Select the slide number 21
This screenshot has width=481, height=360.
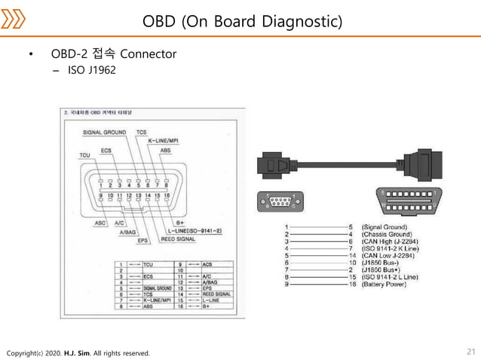pos(471,352)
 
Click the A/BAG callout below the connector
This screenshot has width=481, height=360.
pos(129,233)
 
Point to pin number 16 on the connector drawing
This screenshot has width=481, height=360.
pos(167,195)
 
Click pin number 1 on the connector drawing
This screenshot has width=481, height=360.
pos(101,185)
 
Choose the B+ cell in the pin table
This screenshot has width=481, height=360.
pos(212,307)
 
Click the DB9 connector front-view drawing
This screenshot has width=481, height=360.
pos(286,202)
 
